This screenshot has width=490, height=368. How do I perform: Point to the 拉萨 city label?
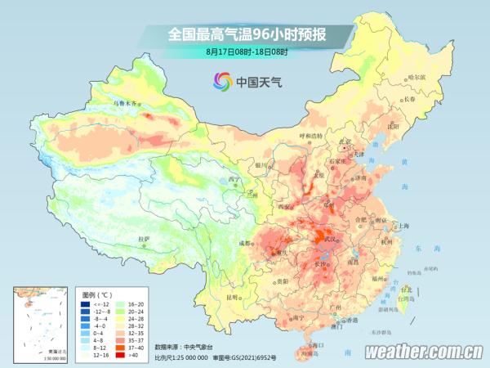point(144,239)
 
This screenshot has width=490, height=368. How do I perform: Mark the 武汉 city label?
point(331,239)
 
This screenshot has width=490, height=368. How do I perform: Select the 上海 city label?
point(403,226)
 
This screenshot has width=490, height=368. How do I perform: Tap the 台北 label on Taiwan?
point(406,289)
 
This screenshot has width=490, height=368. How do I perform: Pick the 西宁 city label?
point(235,179)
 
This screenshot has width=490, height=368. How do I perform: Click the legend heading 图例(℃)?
point(99,293)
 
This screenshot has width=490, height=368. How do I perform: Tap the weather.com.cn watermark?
point(423,352)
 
